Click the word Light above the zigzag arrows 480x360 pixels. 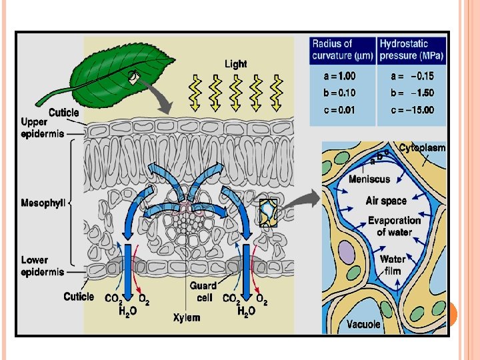[235, 64]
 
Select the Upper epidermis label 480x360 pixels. [43, 128]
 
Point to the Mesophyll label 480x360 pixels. [43, 203]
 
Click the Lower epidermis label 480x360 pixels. [43, 266]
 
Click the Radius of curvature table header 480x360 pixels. [342, 49]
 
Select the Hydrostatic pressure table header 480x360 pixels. [411, 49]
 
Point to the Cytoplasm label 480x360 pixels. [422, 147]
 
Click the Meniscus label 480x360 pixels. [369, 179]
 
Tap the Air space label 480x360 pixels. [386, 201]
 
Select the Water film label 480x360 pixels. [393, 265]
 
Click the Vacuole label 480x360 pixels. [364, 324]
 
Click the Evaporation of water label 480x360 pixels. [395, 226]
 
